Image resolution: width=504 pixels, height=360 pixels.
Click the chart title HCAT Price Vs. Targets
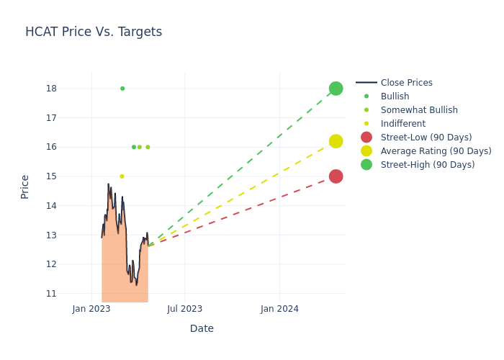click(x=94, y=32)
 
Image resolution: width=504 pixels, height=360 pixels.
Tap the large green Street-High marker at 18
click(x=336, y=89)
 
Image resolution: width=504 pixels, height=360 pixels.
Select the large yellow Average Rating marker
click(x=336, y=141)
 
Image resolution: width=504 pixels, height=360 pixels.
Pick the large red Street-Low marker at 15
click(x=336, y=176)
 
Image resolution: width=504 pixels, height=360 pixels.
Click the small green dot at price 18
click(x=122, y=89)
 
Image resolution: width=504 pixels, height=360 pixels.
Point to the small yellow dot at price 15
click(x=122, y=176)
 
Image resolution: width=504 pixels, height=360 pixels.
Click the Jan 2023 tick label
click(x=91, y=309)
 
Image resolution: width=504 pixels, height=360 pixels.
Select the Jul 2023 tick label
click(x=185, y=309)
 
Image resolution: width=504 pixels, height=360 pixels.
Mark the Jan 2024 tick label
click(x=279, y=309)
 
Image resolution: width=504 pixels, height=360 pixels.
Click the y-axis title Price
click(x=25, y=186)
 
